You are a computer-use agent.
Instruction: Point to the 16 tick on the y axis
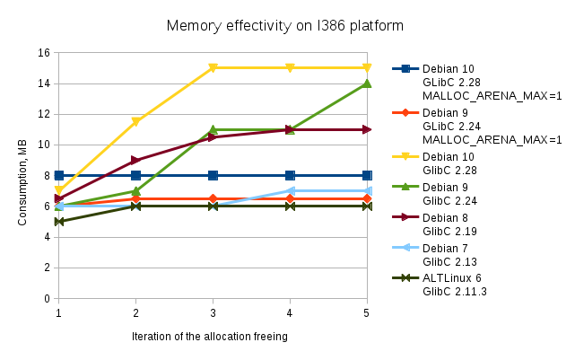42,53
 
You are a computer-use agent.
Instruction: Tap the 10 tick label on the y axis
42,145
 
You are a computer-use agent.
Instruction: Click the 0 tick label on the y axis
46,298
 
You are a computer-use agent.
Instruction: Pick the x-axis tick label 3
213,312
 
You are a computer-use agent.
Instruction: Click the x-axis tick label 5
366,312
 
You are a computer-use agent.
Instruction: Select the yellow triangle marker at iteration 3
213,68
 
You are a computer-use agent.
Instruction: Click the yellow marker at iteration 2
135,122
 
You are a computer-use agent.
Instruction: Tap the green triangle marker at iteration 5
367,83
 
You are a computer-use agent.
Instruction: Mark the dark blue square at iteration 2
135,175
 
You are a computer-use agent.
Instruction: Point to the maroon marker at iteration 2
135,160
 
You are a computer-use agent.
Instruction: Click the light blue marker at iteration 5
367,190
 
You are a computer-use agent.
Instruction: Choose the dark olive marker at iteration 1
58,221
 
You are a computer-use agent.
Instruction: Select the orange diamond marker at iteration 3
213,198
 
